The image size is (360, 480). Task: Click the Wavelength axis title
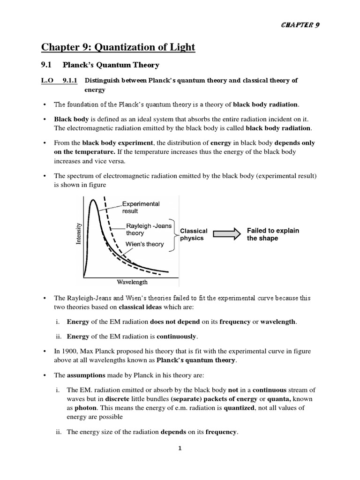click(132, 282)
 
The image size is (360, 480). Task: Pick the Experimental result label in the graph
click(141, 207)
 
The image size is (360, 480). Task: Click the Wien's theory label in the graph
click(145, 244)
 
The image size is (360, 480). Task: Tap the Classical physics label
click(194, 234)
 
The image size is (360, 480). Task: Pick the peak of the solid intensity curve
click(94, 200)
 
